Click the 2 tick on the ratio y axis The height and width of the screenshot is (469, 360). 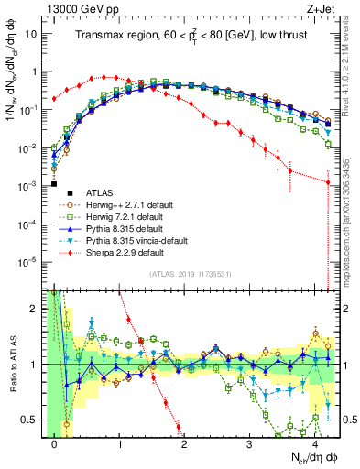[37, 309]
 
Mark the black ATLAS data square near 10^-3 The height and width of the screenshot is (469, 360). [55, 184]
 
